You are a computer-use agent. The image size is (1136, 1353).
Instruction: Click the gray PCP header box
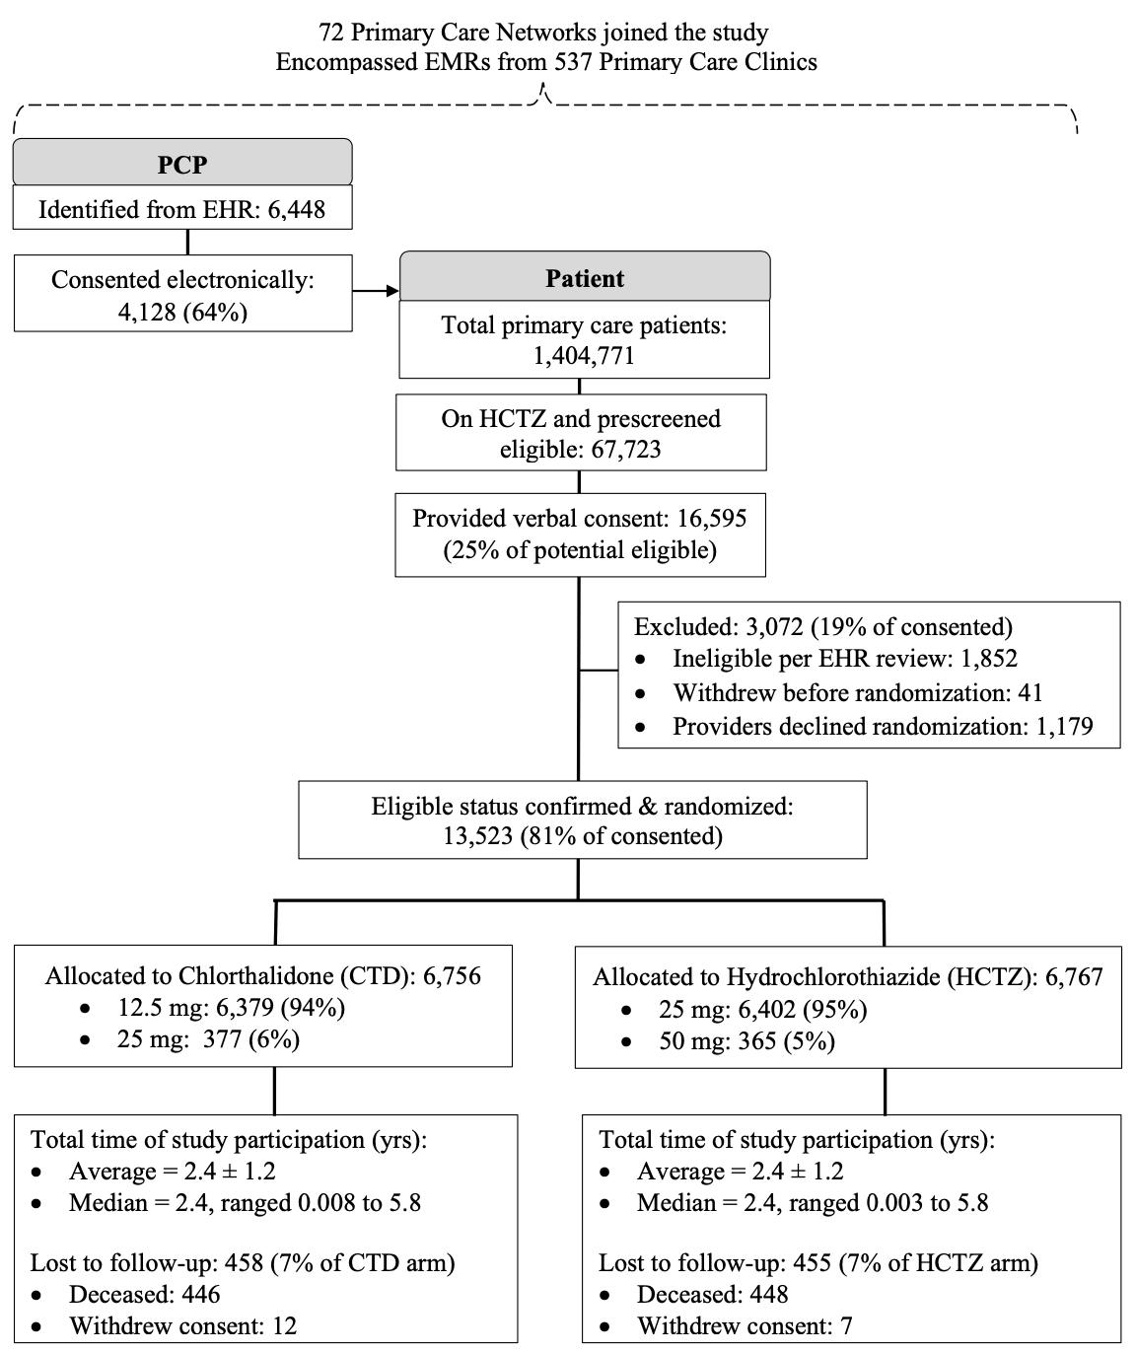pyautogui.click(x=182, y=163)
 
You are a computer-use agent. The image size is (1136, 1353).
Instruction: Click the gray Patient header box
pyautogui.click(x=584, y=278)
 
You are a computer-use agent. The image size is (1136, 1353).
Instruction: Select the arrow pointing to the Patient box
pyautogui.click(x=376, y=291)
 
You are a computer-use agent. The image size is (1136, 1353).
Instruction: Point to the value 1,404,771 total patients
pyautogui.click(x=584, y=356)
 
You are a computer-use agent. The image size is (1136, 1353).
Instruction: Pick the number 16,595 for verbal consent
pyautogui.click(x=712, y=518)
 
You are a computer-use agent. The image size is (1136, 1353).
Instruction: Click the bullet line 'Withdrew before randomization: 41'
pyautogui.click(x=857, y=693)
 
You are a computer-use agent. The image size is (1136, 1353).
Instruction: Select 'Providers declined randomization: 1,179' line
pyautogui.click(x=883, y=727)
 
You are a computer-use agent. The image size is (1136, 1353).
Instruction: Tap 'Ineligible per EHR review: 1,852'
pyautogui.click(x=844, y=659)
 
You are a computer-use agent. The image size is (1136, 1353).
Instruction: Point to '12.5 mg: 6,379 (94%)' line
pyautogui.click(x=231, y=1007)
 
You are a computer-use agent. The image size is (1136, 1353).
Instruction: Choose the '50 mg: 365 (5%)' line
pyautogui.click(x=746, y=1041)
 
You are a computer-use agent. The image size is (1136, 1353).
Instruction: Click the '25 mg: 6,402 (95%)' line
pyautogui.click(x=762, y=1009)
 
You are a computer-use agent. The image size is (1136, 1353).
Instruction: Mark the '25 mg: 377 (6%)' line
pyautogui.click(x=208, y=1039)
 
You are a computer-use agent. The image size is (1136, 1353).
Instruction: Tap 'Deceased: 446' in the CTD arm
pyautogui.click(x=144, y=1294)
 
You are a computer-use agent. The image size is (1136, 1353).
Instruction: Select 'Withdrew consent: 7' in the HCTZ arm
pyautogui.click(x=745, y=1326)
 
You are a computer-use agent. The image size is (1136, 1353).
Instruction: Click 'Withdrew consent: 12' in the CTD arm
pyautogui.click(x=182, y=1326)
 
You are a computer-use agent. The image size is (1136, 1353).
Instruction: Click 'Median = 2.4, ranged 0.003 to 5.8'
pyautogui.click(x=812, y=1203)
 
